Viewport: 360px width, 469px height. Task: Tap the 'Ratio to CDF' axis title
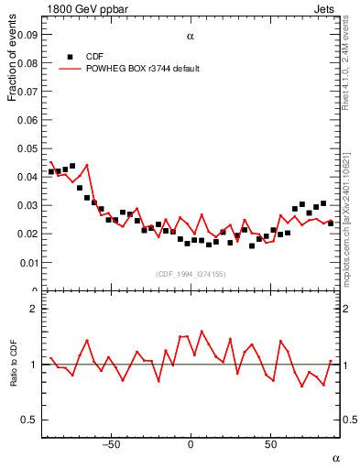click(14, 375)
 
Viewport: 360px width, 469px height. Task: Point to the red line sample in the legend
click(71, 69)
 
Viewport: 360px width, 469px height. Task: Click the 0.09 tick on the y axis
click(28, 35)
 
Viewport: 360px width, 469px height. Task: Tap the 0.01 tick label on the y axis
click(28, 263)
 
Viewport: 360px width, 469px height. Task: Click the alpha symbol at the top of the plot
click(191, 37)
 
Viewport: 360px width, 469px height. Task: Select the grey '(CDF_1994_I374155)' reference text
click(191, 274)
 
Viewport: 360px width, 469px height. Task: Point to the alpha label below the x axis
click(335, 457)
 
